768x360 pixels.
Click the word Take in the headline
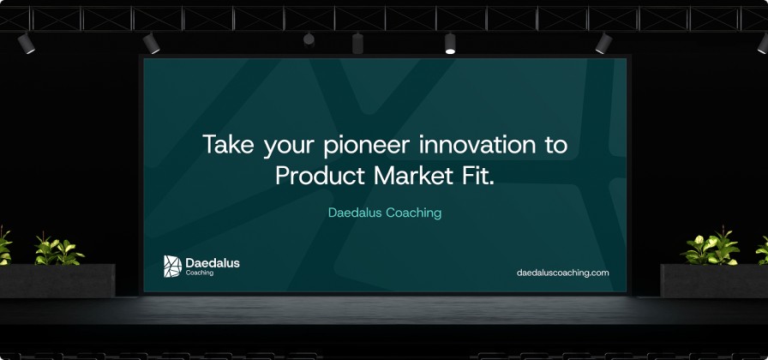pos(229,145)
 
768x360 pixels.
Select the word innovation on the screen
pos(471,145)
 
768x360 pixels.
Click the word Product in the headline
pos(320,176)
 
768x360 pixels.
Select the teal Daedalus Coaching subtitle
pos(385,213)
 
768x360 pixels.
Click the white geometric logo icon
pos(172,266)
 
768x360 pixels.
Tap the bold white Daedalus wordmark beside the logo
pos(213,263)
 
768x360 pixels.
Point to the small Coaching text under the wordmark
pos(200,273)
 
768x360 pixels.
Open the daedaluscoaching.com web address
pos(563,273)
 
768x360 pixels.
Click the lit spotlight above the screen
pos(450,43)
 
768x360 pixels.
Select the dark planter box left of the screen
pos(57,280)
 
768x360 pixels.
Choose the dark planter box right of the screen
pos(714,280)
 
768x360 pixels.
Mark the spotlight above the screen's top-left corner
pos(152,43)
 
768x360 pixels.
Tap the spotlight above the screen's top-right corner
pos(604,43)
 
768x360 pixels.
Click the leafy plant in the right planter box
pos(711,248)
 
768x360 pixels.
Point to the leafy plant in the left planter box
pos(59,249)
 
